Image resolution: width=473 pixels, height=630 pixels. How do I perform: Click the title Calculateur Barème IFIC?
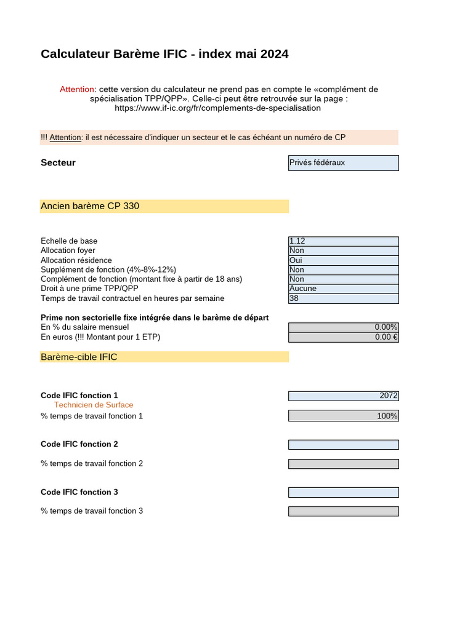[164, 54]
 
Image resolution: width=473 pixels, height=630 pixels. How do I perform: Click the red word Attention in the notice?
[77, 89]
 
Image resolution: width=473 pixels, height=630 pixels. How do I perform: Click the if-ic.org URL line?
[218, 108]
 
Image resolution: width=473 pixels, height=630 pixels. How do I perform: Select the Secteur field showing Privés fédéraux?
[343, 163]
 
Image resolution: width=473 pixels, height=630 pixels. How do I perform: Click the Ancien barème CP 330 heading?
[90, 206]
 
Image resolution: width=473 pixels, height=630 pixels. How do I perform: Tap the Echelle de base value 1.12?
[343, 241]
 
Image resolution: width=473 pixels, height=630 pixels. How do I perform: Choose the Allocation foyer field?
[343, 250]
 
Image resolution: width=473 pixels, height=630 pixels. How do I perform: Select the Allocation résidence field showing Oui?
[343, 260]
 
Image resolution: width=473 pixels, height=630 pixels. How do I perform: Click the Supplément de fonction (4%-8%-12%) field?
[343, 269]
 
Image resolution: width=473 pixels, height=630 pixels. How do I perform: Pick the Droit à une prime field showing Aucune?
[343, 289]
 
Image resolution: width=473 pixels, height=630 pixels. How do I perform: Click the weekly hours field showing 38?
[343, 298]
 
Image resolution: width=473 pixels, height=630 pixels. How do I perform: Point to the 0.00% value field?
[343, 327]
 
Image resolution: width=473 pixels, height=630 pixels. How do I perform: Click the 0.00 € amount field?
[343, 337]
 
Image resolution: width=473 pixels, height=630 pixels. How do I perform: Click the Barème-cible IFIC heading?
[79, 357]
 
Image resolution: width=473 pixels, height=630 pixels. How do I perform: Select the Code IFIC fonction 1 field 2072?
[343, 396]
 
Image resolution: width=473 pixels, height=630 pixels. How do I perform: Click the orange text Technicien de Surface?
[94, 405]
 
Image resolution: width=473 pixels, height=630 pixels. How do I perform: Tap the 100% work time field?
[343, 416]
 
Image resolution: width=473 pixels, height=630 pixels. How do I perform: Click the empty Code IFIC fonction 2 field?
[343, 444]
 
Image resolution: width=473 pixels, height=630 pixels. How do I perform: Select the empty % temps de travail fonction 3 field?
[343, 511]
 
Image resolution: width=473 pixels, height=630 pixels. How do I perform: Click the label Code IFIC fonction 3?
[79, 492]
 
